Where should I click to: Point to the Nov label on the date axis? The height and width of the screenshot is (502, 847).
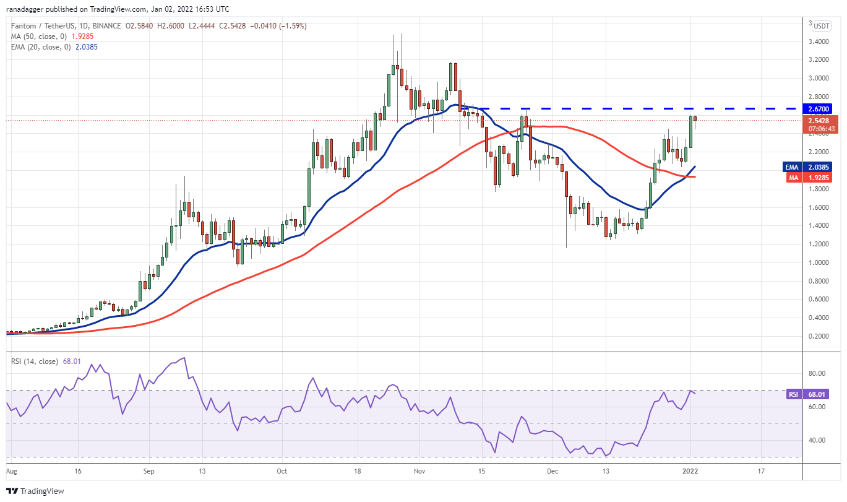point(419,471)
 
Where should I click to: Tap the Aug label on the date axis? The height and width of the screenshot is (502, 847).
point(11,471)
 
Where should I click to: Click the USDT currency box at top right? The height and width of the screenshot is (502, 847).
point(821,26)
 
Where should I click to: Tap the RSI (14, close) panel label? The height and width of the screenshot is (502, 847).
point(34,361)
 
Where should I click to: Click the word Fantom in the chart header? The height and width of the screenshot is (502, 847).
point(22,26)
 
